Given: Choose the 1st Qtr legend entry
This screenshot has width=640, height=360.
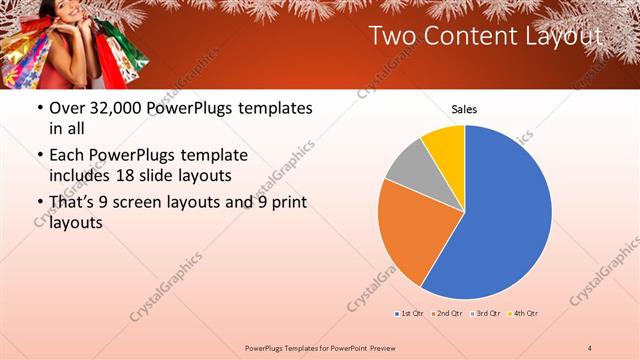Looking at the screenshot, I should (409, 313).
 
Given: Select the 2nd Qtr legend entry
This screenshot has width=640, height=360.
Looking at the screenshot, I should (449, 313).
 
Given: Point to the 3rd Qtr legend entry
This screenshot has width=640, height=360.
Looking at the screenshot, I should (486, 313).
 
